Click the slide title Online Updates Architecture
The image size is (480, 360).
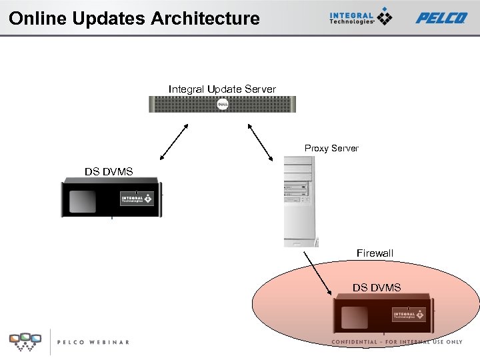click(x=134, y=18)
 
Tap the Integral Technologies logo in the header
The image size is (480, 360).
click(x=361, y=17)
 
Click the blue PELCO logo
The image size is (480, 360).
click(x=441, y=18)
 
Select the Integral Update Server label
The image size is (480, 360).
click(x=222, y=89)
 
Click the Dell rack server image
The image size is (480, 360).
click(x=222, y=104)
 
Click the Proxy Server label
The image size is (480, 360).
click(x=331, y=148)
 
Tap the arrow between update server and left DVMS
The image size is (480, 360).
click(x=174, y=141)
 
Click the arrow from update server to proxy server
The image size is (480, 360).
click(x=261, y=141)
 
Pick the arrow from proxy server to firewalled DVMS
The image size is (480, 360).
click(x=317, y=273)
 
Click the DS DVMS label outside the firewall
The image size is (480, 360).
click(x=109, y=172)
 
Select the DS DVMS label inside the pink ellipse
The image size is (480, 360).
click(x=377, y=287)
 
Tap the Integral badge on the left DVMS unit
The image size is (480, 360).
click(x=137, y=199)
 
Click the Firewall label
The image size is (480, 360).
click(x=375, y=253)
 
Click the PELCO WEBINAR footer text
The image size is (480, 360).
click(x=93, y=342)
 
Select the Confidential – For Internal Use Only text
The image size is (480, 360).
click(x=397, y=342)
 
